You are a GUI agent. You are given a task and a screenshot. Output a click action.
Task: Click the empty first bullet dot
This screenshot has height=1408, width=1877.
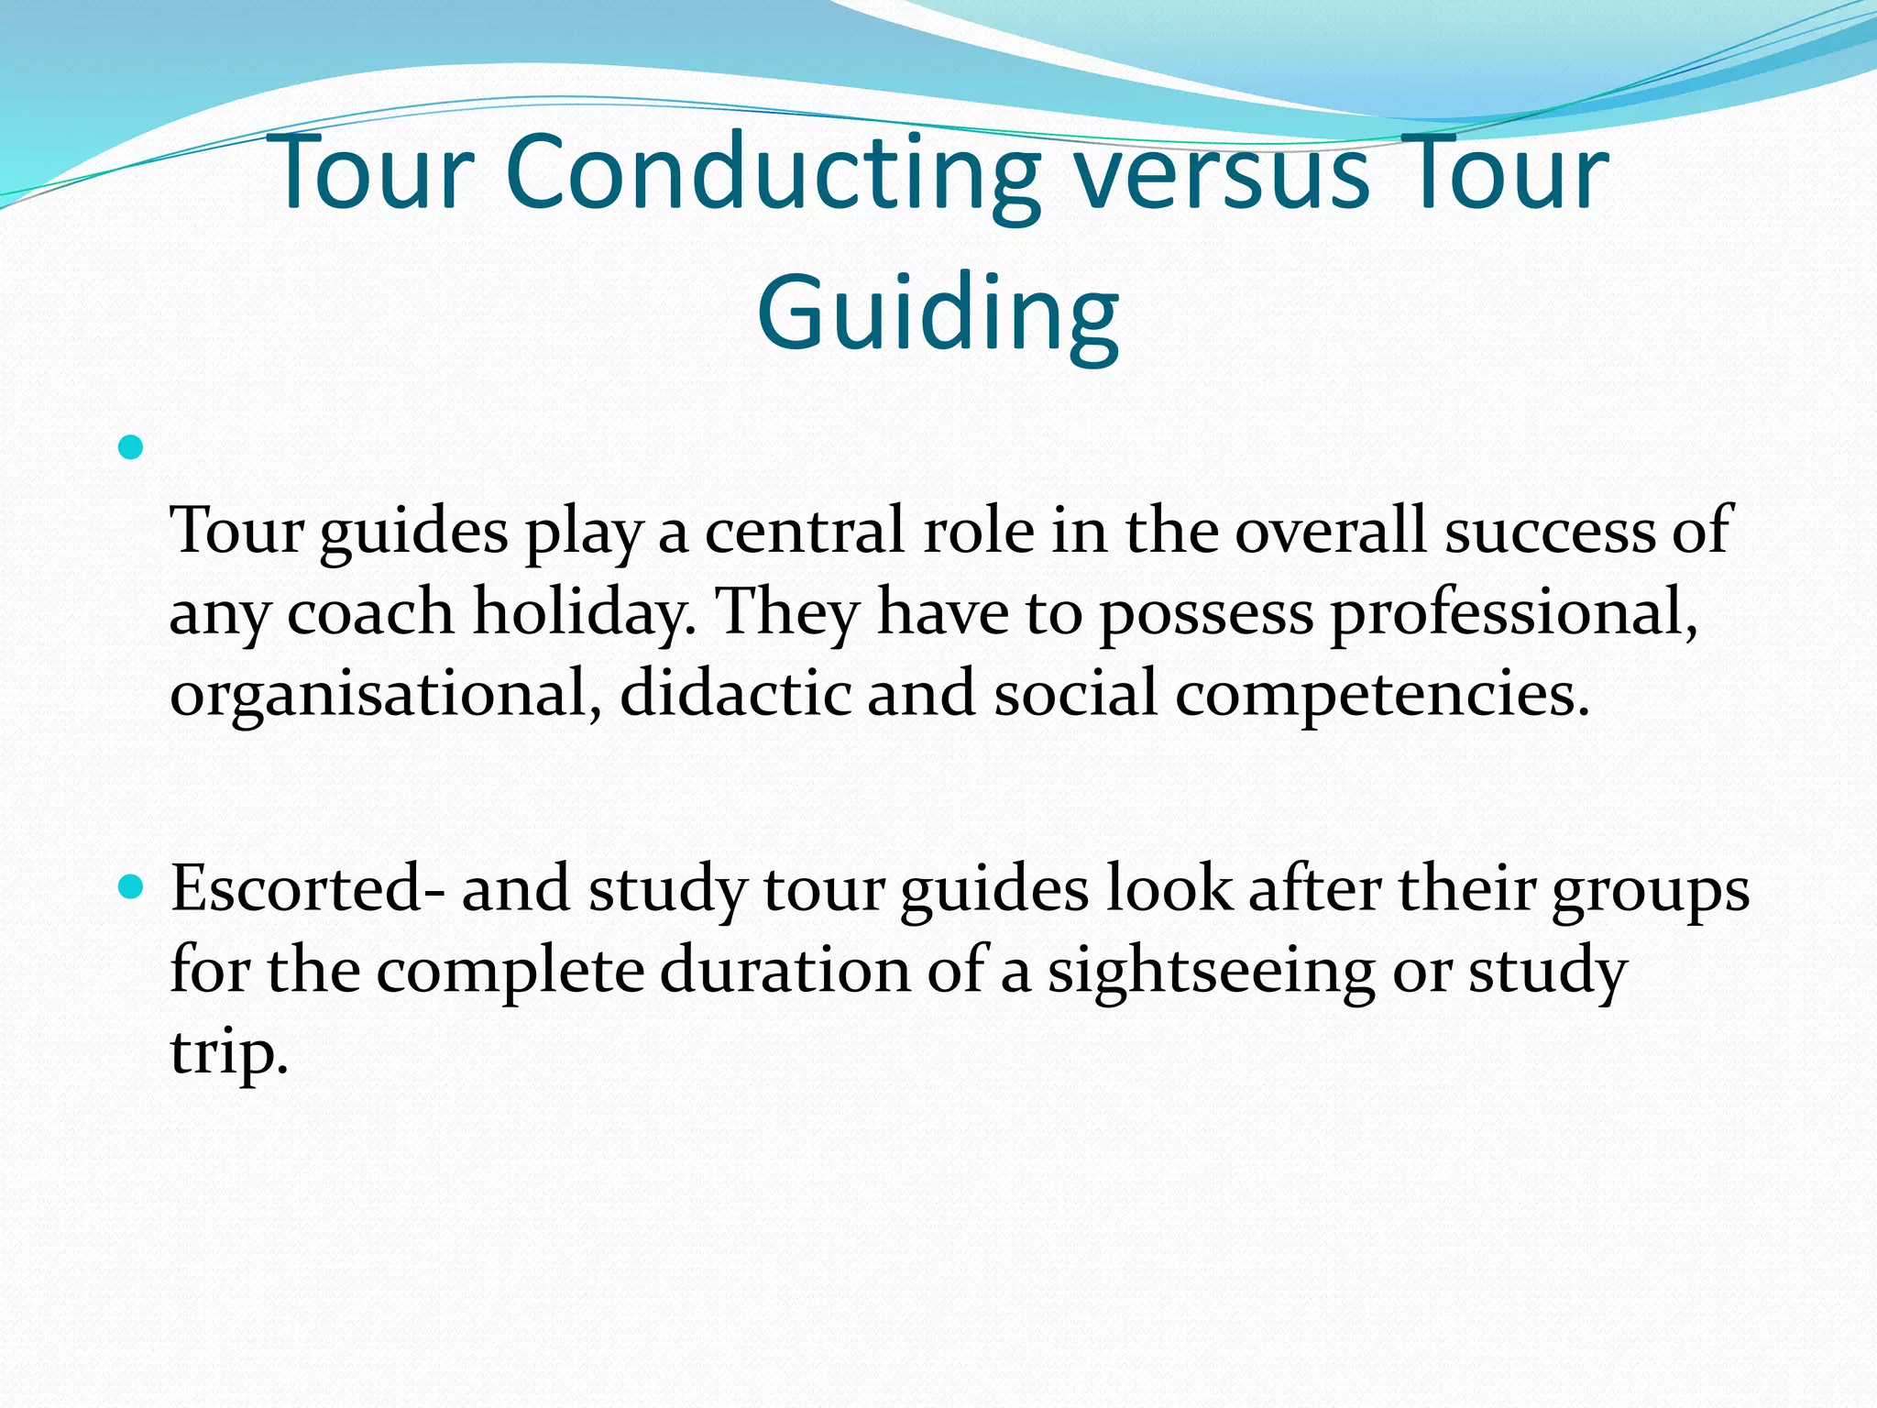coord(131,448)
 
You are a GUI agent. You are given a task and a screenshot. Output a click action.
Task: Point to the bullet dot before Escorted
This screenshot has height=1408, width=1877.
coord(131,887)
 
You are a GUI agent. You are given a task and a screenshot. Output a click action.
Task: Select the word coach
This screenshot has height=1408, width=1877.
coord(370,612)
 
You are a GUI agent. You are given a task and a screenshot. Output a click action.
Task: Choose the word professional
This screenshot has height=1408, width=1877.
coord(1513,612)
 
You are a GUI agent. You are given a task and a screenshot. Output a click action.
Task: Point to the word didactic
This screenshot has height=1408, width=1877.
coord(736,694)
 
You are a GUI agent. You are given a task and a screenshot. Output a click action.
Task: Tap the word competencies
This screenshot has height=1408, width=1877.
coord(1382,694)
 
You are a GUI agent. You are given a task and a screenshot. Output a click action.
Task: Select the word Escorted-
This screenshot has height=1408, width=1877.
coord(308,889)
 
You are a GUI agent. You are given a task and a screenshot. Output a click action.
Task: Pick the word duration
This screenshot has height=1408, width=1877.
coord(785,970)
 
